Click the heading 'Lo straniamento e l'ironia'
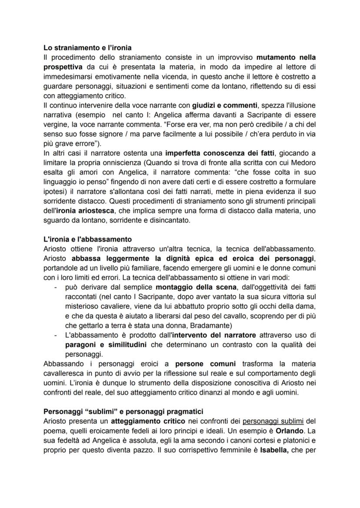pyautogui.click(x=88, y=47)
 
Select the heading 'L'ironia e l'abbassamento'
pyautogui.click(x=87, y=239)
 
